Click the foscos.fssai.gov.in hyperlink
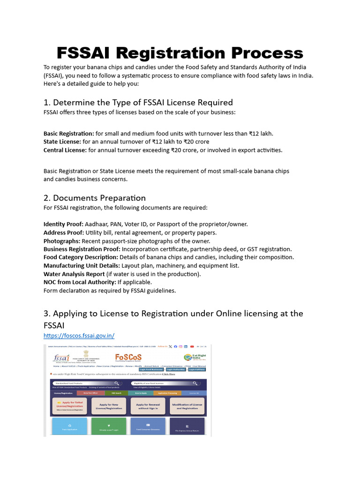pos(79,336)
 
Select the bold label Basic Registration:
pos(68,134)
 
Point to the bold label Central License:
pos(65,150)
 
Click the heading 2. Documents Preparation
pos(95,198)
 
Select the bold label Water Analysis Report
pos(74,274)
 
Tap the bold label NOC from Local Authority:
pos(79,282)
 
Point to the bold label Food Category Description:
pos(81,257)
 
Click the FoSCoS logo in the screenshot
pos(128,357)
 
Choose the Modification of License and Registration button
pos(187,406)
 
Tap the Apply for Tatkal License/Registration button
pos(68,406)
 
